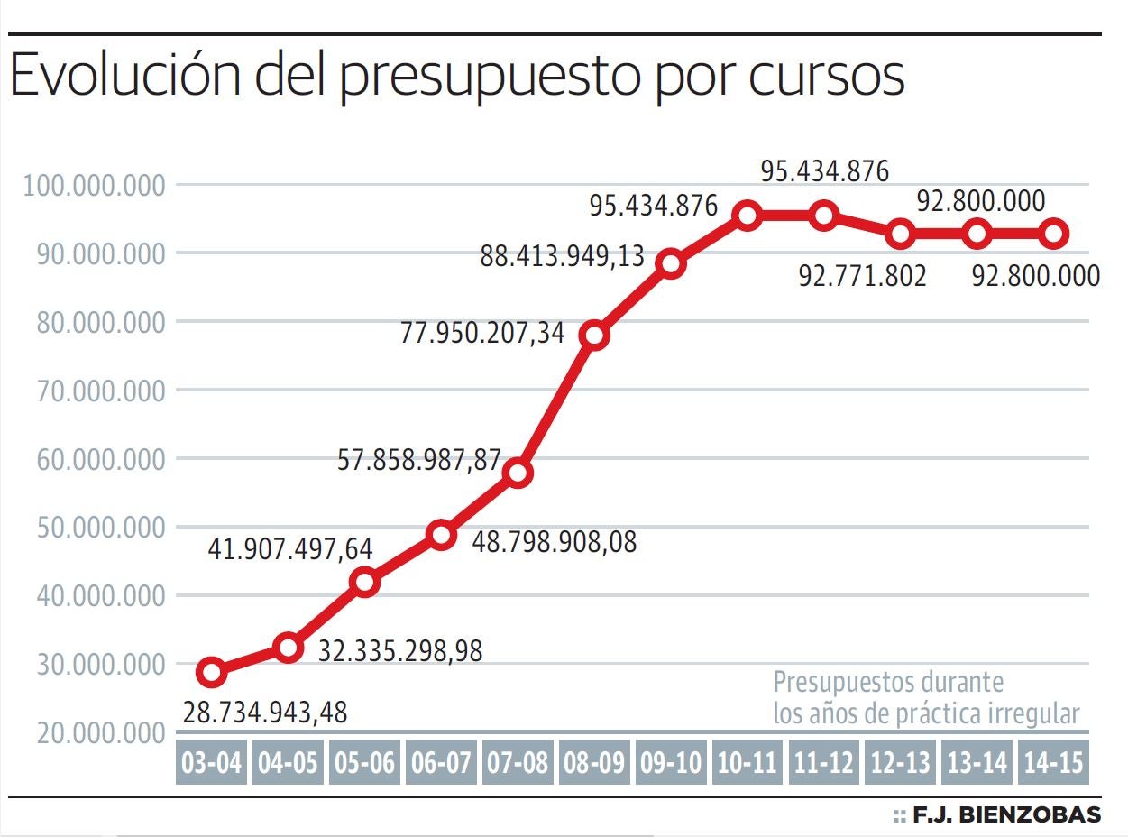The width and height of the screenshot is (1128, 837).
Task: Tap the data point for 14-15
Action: (1054, 235)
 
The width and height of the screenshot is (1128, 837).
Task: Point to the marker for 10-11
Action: (747, 216)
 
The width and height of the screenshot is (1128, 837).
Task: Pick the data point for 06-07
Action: (441, 535)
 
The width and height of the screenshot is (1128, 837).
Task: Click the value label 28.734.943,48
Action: (264, 713)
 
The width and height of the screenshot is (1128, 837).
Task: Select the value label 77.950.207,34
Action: (481, 334)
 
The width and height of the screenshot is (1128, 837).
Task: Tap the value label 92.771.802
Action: (862, 276)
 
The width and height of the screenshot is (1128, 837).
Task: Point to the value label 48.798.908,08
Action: (555, 542)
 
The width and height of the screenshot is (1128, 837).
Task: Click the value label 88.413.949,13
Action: (563, 256)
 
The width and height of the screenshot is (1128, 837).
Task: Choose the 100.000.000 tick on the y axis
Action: (95, 186)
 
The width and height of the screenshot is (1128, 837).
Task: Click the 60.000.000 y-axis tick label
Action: (95, 459)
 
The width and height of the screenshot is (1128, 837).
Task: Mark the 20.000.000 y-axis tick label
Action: (95, 733)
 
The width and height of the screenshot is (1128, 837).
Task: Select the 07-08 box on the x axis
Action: (518, 764)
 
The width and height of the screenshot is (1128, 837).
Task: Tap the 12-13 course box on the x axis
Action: (901, 764)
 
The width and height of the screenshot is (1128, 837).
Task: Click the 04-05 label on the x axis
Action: (288, 764)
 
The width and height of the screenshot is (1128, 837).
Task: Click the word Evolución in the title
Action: (124, 77)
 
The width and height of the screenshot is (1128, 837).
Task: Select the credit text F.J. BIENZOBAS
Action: (1006, 815)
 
